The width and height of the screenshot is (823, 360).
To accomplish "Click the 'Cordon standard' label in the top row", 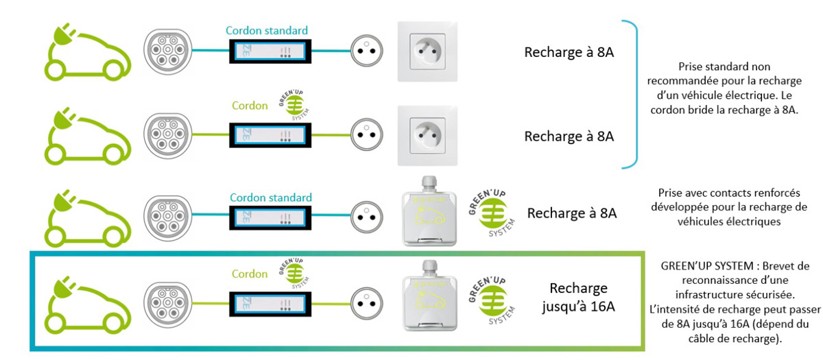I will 267,31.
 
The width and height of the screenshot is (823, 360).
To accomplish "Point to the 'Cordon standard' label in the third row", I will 271,197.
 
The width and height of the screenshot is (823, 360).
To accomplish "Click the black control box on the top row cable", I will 268,51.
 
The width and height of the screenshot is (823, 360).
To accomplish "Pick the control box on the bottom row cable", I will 268,302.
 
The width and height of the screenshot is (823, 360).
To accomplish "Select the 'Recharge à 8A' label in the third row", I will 572,213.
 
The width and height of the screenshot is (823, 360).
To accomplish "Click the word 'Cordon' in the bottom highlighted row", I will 250,274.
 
